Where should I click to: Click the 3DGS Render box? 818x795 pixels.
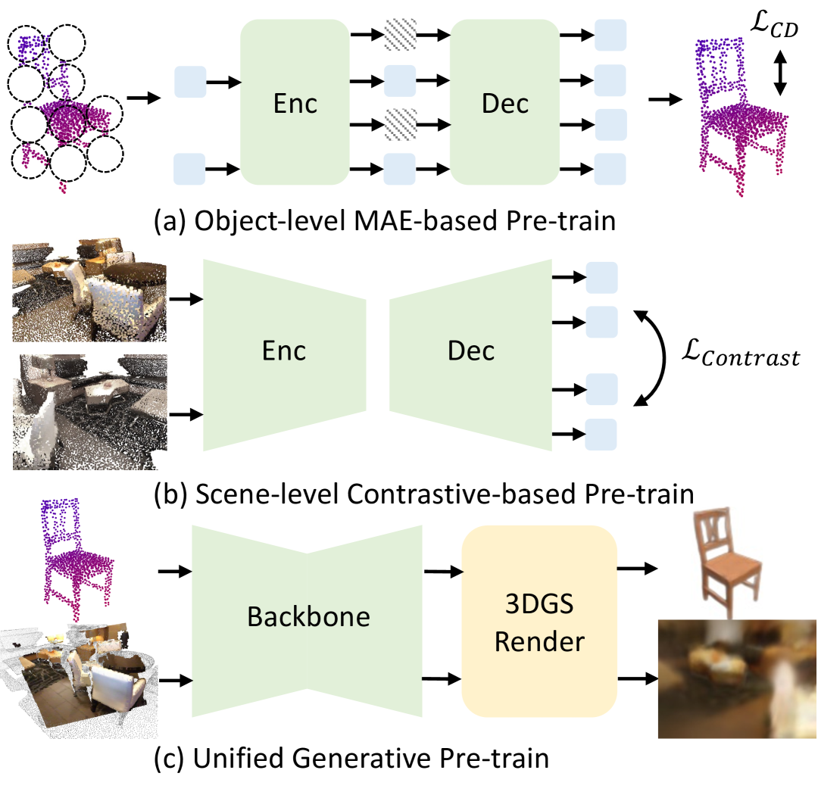click(x=539, y=621)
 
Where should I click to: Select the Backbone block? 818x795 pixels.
click(x=308, y=617)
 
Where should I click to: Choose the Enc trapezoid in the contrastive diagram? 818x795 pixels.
click(x=285, y=351)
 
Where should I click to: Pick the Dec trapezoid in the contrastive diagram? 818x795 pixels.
click(x=471, y=351)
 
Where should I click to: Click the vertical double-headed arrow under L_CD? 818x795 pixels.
click(x=780, y=76)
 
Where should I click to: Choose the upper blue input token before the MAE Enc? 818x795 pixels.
click(x=190, y=82)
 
